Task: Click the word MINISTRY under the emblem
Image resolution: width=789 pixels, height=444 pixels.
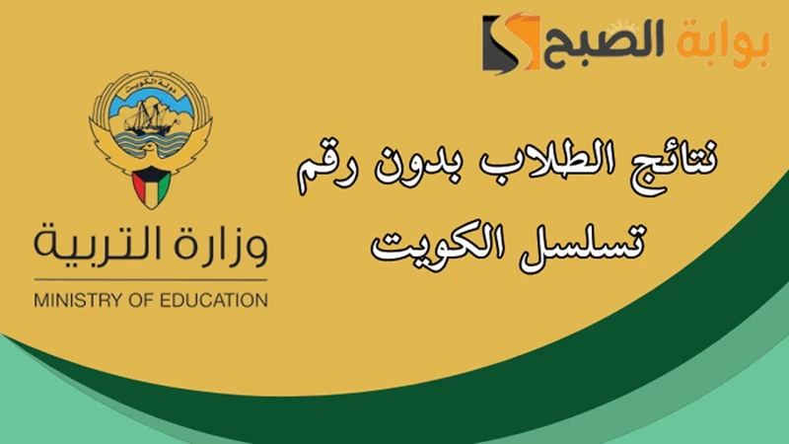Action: pos(74,299)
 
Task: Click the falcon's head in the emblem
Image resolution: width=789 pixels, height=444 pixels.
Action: pos(151,155)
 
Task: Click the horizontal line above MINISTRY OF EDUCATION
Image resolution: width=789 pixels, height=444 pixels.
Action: pos(151,279)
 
